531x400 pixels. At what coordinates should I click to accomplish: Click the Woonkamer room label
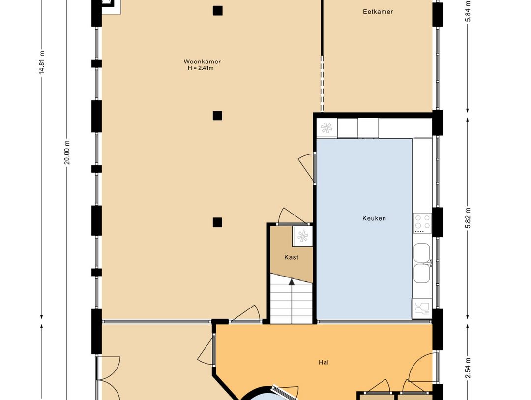tap(202, 62)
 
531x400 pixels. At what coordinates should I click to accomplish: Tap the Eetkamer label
tap(378, 12)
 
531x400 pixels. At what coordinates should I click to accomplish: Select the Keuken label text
tap(374, 218)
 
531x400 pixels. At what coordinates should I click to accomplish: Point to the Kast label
tap(291, 257)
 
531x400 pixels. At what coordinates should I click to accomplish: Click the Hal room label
tap(324, 363)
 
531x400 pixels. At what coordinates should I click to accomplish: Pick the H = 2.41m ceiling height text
tap(201, 68)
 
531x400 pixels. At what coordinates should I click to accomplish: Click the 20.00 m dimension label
tap(67, 153)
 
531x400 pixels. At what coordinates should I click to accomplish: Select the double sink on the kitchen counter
tap(422, 263)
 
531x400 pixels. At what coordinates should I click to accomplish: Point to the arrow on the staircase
tap(292, 282)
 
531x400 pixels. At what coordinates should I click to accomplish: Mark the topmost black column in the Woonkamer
tap(217, 10)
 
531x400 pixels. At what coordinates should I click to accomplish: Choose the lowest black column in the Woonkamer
tap(217, 222)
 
